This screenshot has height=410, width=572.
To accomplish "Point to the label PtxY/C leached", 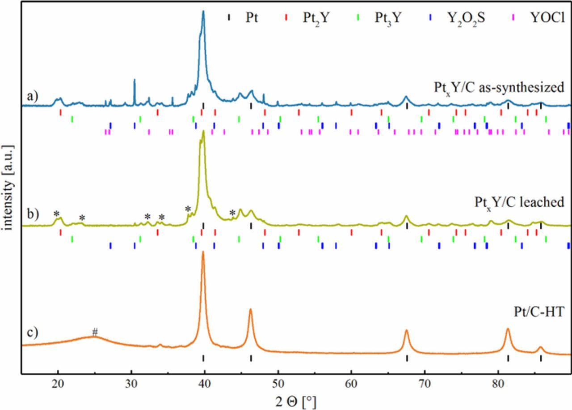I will click(x=519, y=202).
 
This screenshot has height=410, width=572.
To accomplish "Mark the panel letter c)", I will click(x=32, y=333).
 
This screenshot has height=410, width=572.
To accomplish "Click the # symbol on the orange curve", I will click(x=95, y=332).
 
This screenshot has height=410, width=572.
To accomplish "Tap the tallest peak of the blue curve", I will click(x=203, y=12).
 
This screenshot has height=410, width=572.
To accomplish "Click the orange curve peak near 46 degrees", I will click(x=250, y=309).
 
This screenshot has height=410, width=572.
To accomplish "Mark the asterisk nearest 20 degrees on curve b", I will click(x=57, y=214).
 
